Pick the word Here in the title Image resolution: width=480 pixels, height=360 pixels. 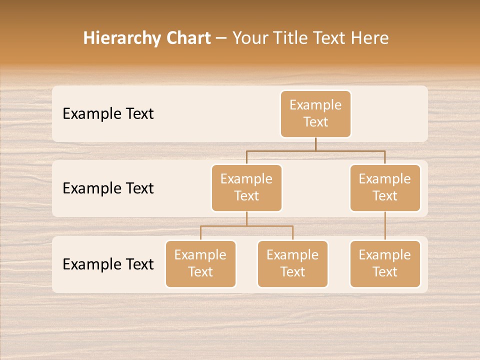[x=369, y=38]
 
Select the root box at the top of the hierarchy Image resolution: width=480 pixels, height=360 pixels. [x=315, y=114]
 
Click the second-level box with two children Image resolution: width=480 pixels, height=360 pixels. [x=246, y=188]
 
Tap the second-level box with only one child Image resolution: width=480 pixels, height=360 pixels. [x=385, y=188]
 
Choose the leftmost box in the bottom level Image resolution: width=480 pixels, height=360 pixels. [x=200, y=264]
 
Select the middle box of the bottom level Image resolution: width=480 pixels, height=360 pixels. [x=292, y=264]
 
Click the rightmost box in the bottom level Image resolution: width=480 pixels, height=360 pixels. [x=385, y=264]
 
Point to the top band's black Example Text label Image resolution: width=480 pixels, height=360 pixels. [x=108, y=114]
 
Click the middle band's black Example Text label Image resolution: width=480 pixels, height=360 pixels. [x=108, y=188]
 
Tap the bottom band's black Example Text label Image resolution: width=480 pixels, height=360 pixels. [x=108, y=264]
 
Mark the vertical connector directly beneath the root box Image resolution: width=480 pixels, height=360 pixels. [x=315, y=144]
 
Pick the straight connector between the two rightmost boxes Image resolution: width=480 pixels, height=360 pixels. [x=385, y=226]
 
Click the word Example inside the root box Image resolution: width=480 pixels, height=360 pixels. [x=315, y=105]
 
